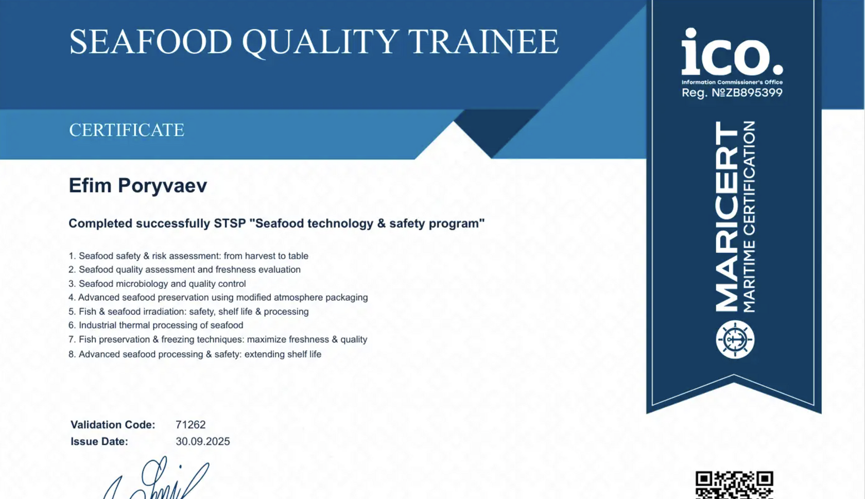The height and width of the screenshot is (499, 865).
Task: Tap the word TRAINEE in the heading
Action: (x=483, y=41)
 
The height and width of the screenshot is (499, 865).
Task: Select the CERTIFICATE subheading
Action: (x=127, y=130)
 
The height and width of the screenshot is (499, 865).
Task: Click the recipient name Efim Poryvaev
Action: (x=138, y=185)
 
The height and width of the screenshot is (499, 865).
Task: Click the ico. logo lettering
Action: (x=732, y=51)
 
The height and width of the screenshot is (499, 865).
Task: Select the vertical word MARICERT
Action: (x=726, y=216)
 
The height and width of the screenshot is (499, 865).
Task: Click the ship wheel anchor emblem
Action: (x=735, y=339)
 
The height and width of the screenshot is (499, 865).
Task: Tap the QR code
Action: (x=734, y=485)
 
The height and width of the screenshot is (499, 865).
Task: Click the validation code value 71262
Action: (x=191, y=424)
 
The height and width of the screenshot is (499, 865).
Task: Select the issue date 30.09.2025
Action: (x=203, y=441)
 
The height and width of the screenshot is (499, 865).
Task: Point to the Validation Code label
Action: (x=113, y=424)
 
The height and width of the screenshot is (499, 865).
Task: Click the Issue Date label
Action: (x=99, y=441)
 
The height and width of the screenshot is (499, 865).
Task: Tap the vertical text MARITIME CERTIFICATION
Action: (x=749, y=216)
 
